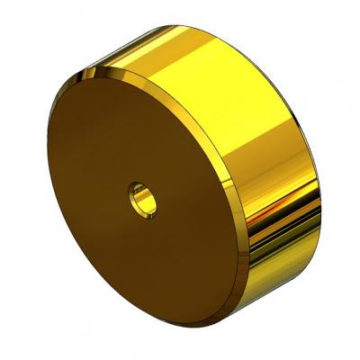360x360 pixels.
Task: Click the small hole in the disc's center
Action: (x=143, y=199)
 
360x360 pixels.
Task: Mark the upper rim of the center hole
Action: (x=140, y=185)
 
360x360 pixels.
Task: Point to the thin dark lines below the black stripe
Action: (x=279, y=247)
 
